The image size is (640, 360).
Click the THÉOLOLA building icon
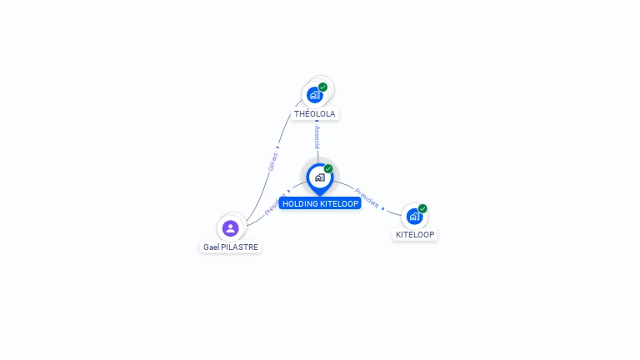click(314, 95)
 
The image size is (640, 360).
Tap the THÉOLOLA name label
click(315, 113)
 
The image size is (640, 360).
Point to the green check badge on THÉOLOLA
click(322, 87)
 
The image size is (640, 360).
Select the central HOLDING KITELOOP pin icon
click(319, 177)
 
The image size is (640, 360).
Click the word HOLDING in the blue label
click(300, 203)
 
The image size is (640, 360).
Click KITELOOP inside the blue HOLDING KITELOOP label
click(339, 203)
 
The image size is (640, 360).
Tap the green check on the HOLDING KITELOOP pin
click(328, 168)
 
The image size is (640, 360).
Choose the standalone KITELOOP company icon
click(414, 217)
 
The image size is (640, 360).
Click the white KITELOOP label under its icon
click(415, 234)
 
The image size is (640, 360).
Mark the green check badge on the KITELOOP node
click(422, 208)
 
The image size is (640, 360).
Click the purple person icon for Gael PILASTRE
click(231, 227)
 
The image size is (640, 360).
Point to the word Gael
click(211, 247)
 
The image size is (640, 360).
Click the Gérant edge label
click(272, 162)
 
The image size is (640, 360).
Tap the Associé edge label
click(317, 137)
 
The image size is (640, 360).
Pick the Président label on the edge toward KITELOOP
click(367, 197)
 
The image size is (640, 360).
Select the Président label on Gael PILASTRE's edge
click(274, 205)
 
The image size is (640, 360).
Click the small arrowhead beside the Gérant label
click(277, 147)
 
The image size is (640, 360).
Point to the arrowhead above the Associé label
click(317, 122)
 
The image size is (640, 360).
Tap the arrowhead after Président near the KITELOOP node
click(383, 207)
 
